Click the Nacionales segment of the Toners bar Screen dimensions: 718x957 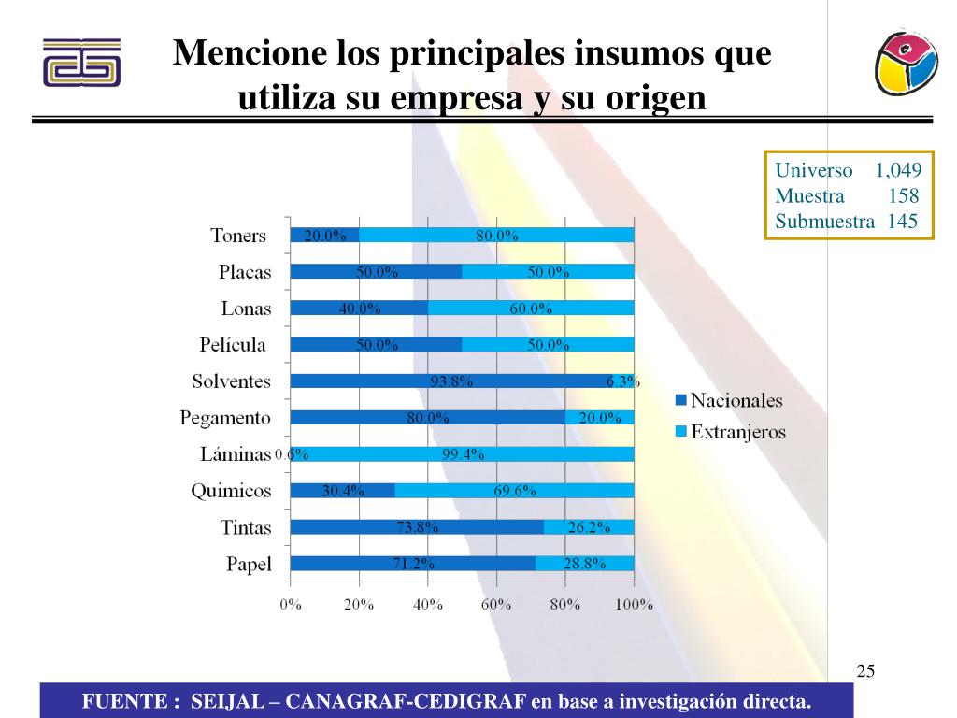point(324,236)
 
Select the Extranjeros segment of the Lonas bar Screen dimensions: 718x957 point(531,309)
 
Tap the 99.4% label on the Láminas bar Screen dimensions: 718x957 point(463,455)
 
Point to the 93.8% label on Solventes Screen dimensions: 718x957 point(451,381)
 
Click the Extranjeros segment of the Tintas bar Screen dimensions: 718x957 point(589,527)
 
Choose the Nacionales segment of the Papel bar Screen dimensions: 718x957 point(412,564)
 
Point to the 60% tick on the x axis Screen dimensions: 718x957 point(496,605)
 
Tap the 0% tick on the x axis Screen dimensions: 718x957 point(291,605)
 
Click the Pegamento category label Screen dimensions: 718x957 point(225,418)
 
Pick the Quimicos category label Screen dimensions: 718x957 point(231,491)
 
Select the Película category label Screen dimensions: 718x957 point(233,345)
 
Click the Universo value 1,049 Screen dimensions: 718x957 point(898,171)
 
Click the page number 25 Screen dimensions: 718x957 point(865,671)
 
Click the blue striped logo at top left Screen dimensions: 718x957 point(81,64)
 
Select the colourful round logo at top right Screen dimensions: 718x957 point(906,61)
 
